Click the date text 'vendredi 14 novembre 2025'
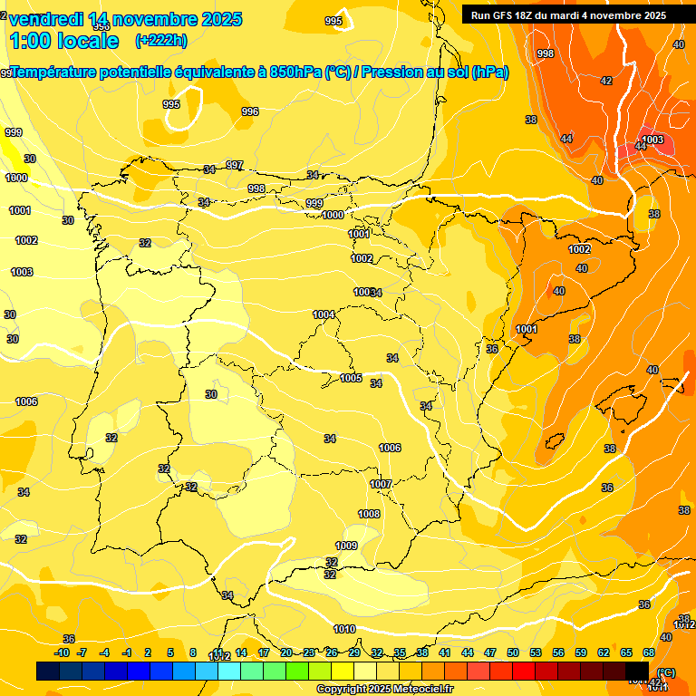coord(125,19)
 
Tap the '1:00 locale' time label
coord(66,41)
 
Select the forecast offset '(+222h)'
coord(160,41)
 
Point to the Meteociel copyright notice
coord(384,689)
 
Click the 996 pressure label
coord(250,112)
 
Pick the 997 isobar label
coord(235,165)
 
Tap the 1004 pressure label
coord(324,314)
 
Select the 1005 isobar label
coord(351,378)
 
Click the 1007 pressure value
coord(381,484)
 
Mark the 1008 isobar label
coord(369,514)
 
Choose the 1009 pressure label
coord(346,546)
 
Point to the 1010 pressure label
coord(344,629)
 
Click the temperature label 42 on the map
coord(606,82)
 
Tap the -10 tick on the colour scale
coord(62,652)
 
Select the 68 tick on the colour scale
coord(649,652)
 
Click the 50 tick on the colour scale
coord(513,652)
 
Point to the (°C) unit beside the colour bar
coord(665,672)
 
